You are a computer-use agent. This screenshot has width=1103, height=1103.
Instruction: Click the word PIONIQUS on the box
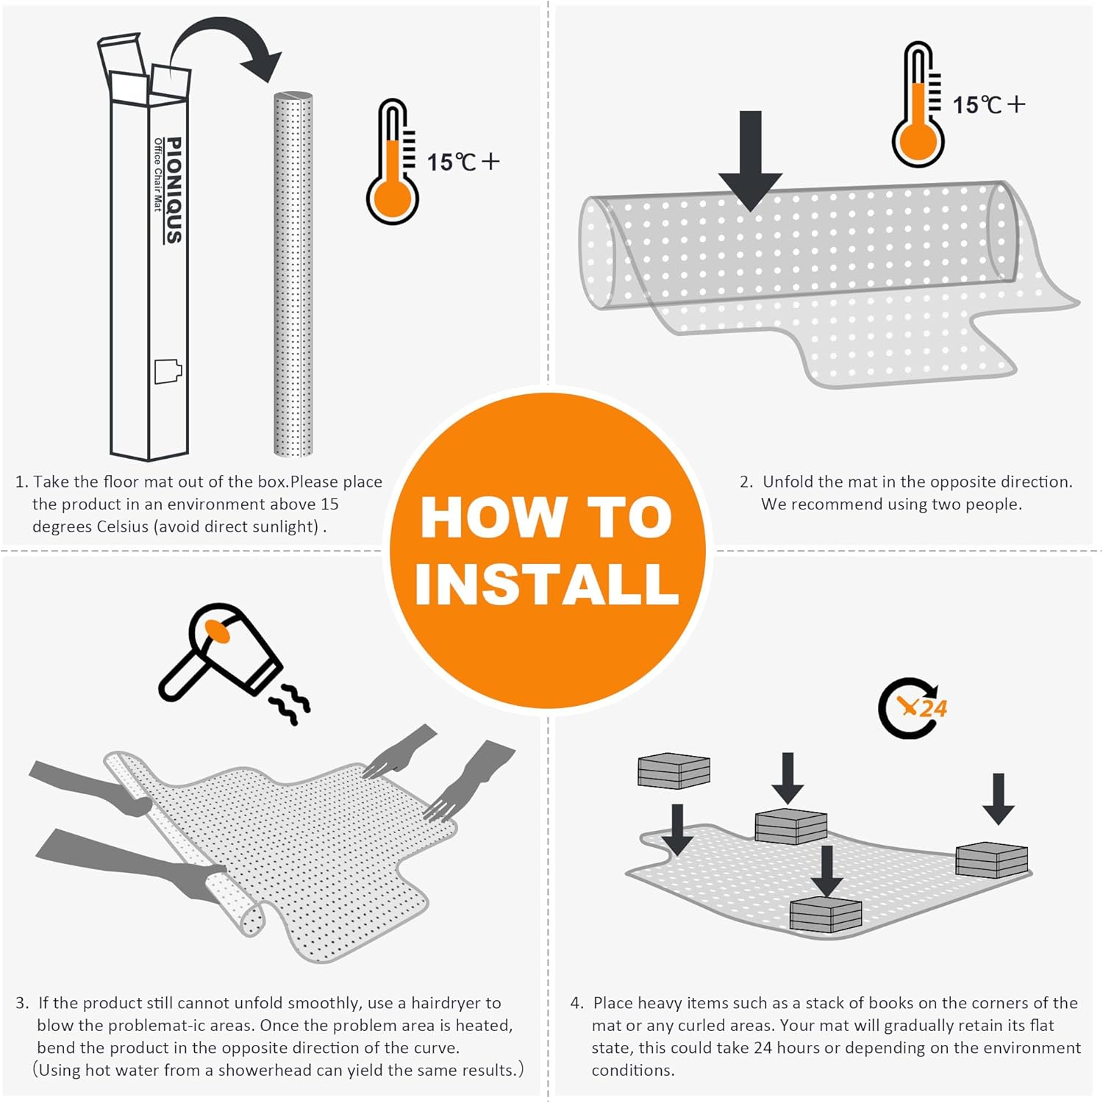(x=174, y=190)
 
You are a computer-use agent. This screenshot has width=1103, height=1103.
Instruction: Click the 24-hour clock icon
(x=913, y=708)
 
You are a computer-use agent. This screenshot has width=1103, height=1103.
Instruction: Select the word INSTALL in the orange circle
(x=546, y=584)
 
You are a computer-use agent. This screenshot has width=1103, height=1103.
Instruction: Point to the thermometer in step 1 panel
(x=393, y=163)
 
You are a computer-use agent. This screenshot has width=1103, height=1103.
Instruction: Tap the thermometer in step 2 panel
(x=918, y=104)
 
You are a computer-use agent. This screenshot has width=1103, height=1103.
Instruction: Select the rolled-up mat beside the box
(x=293, y=274)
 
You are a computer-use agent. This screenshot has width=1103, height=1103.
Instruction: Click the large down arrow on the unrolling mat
(x=750, y=161)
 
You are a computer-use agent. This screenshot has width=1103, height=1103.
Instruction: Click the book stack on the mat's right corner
(x=991, y=860)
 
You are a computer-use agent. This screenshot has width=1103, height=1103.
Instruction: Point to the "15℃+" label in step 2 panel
(x=989, y=104)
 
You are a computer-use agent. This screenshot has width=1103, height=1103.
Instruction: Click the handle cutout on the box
(x=168, y=371)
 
